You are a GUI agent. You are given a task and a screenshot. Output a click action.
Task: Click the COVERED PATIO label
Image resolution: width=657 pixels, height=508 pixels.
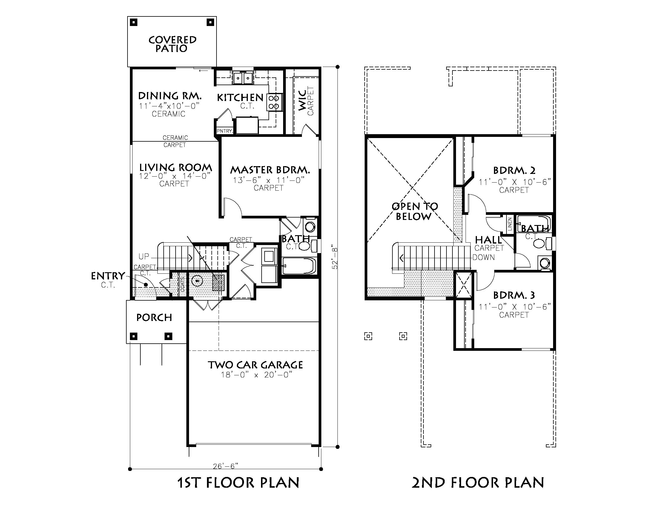(172, 44)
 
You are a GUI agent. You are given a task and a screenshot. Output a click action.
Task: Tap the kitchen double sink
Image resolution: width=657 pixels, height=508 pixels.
(243, 78)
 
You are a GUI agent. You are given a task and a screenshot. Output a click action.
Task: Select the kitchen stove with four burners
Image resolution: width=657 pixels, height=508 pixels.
(275, 102)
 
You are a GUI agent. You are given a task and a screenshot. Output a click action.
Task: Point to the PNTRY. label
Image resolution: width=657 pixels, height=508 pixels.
(225, 131)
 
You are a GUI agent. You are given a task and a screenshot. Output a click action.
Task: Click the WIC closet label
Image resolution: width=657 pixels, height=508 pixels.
(302, 100)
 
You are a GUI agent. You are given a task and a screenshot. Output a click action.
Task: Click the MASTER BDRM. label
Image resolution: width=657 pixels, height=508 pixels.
(270, 170)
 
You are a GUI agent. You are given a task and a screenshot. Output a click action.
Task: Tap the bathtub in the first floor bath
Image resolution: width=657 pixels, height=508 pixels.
(299, 266)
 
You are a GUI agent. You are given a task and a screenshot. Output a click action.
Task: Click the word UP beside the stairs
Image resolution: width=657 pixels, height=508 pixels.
(144, 256)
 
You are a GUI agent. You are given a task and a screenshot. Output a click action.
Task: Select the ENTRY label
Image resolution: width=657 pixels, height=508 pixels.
(108, 276)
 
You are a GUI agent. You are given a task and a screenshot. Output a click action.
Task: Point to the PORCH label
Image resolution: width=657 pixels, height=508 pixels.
(154, 317)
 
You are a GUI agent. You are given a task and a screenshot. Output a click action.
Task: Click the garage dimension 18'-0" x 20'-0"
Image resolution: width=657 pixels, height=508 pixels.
(257, 375)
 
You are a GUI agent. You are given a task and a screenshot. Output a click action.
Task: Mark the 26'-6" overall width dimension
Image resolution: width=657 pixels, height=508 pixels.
(225, 466)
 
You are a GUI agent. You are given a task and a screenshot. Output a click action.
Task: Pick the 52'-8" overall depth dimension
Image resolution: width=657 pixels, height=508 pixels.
(335, 258)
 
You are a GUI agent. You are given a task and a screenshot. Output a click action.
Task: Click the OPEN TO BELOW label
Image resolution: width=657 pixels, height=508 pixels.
(415, 211)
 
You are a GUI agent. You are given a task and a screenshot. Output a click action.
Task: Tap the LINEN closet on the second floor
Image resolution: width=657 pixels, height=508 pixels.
(509, 224)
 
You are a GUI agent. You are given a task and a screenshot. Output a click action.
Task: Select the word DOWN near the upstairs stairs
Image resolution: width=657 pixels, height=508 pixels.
(483, 257)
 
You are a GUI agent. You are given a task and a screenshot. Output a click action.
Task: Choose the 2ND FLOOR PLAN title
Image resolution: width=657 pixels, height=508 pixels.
(478, 482)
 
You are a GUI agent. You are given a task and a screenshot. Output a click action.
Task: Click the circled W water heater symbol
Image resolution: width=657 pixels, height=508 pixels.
(197, 281)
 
